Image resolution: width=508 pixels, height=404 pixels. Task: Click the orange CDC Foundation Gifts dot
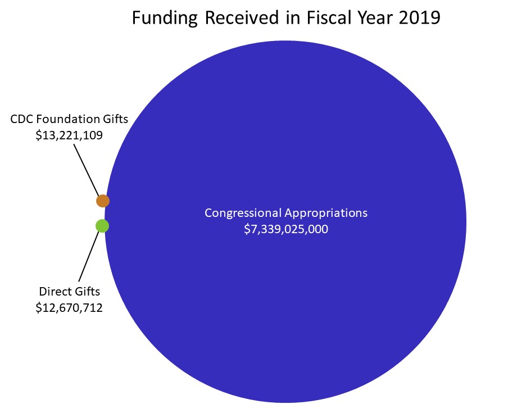[102, 200]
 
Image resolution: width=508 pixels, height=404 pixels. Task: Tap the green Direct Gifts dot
[102, 226]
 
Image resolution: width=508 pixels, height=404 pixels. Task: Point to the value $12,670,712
[68, 307]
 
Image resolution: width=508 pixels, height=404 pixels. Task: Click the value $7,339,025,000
[285, 229]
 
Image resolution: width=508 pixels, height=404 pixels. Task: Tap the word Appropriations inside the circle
[326, 214]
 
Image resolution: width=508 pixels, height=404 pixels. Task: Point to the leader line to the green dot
[90, 256]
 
